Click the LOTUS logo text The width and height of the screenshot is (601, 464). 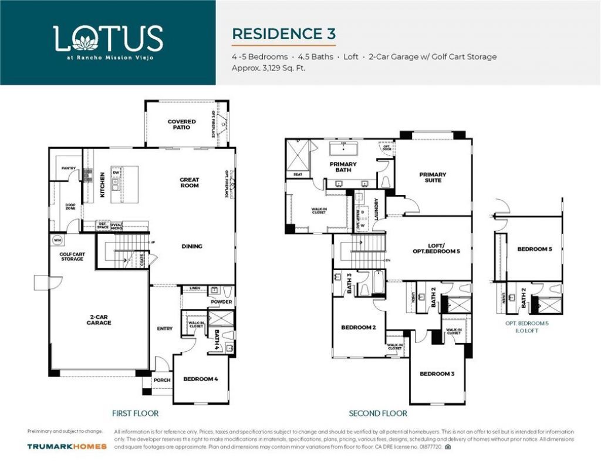108,39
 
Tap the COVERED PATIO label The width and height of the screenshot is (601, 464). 182,125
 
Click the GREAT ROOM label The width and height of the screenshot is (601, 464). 190,183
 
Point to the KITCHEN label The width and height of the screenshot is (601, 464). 102,184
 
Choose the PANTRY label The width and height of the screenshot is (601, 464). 69,169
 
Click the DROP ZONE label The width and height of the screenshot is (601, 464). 70,207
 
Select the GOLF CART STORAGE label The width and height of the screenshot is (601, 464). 72,257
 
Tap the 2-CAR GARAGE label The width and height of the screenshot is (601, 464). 99,320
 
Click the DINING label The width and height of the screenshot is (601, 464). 192,246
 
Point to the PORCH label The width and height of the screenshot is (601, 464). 162,380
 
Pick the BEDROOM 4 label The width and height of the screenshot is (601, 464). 201,379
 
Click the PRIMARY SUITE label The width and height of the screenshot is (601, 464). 433,177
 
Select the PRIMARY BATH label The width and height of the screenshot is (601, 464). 343,167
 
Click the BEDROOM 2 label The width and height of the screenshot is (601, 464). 359,327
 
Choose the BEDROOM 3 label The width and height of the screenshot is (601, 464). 437,374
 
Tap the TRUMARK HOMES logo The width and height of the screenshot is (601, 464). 67,446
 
